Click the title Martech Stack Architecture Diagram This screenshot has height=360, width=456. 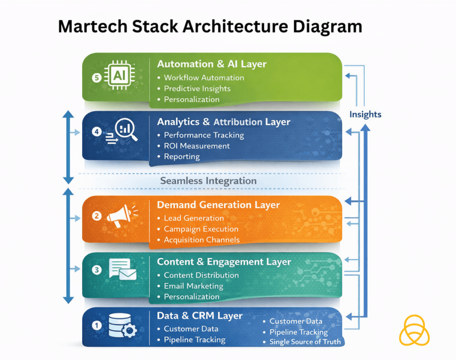[x=210, y=26]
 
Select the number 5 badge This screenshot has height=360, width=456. [x=96, y=77]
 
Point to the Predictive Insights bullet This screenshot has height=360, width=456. [x=197, y=88]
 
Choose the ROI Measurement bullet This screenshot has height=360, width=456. [x=197, y=146]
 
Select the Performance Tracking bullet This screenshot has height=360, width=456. [x=203, y=135]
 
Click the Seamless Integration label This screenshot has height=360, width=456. [x=208, y=181]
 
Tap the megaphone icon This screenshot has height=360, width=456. [x=122, y=216]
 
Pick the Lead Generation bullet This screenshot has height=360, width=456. [x=193, y=218]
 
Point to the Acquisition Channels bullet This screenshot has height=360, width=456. [x=201, y=240]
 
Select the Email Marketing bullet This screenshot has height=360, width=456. [x=193, y=286]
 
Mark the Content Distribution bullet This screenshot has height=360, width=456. [x=201, y=275]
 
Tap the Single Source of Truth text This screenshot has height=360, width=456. [x=305, y=342]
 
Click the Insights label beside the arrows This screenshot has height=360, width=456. [x=365, y=114]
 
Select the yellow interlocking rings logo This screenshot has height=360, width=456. [x=414, y=330]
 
